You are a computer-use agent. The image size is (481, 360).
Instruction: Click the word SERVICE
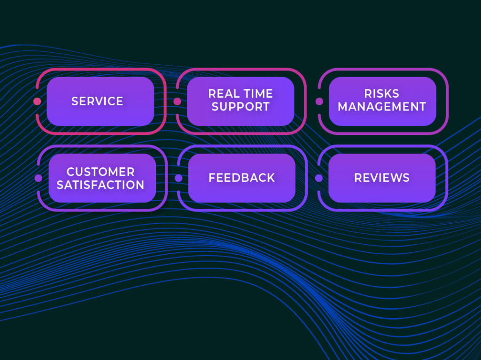pyautogui.click(x=97, y=101)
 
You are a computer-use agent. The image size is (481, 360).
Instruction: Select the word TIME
pyautogui.click(x=257, y=94)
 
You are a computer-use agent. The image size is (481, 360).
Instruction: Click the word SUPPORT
pyautogui.click(x=240, y=107)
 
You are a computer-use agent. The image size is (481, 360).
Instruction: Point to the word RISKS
pyautogui.click(x=381, y=94)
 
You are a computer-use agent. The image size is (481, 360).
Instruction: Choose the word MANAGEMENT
pyautogui.click(x=381, y=107)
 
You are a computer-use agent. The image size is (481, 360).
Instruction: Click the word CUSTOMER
pyautogui.click(x=101, y=172)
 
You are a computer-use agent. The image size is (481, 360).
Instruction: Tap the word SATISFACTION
pyautogui.click(x=101, y=185)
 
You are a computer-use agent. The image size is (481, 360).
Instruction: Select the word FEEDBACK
pyautogui.click(x=241, y=178)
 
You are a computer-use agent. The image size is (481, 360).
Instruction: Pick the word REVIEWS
pyautogui.click(x=381, y=178)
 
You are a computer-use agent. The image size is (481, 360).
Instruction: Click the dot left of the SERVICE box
pyautogui.click(x=38, y=101)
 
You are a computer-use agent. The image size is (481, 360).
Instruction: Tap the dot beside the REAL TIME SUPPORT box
pyautogui.click(x=178, y=101)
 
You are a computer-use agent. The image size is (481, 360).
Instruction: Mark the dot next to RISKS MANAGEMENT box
pyautogui.click(x=319, y=101)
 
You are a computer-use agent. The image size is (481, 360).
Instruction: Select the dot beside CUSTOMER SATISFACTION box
pyautogui.click(x=39, y=178)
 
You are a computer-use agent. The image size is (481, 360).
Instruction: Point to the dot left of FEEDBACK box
pyautogui.click(x=178, y=178)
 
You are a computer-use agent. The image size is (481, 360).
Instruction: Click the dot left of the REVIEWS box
pyautogui.click(x=319, y=178)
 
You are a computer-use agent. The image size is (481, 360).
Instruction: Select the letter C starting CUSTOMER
pyautogui.click(x=70, y=172)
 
